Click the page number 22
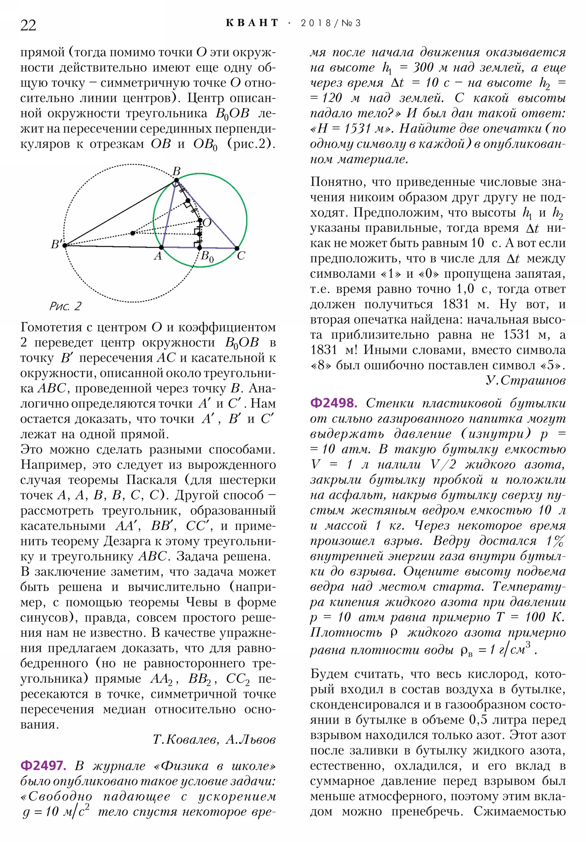[28, 25]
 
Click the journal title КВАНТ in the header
[252, 23]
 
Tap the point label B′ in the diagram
[56, 244]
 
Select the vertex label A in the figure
[158, 256]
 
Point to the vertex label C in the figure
[241, 256]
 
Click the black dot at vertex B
[177, 180]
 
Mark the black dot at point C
[237, 249]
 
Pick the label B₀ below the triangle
[207, 257]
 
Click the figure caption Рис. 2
[65, 306]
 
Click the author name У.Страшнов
[526, 380]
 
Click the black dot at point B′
[65, 245]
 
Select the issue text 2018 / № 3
[331, 23]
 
